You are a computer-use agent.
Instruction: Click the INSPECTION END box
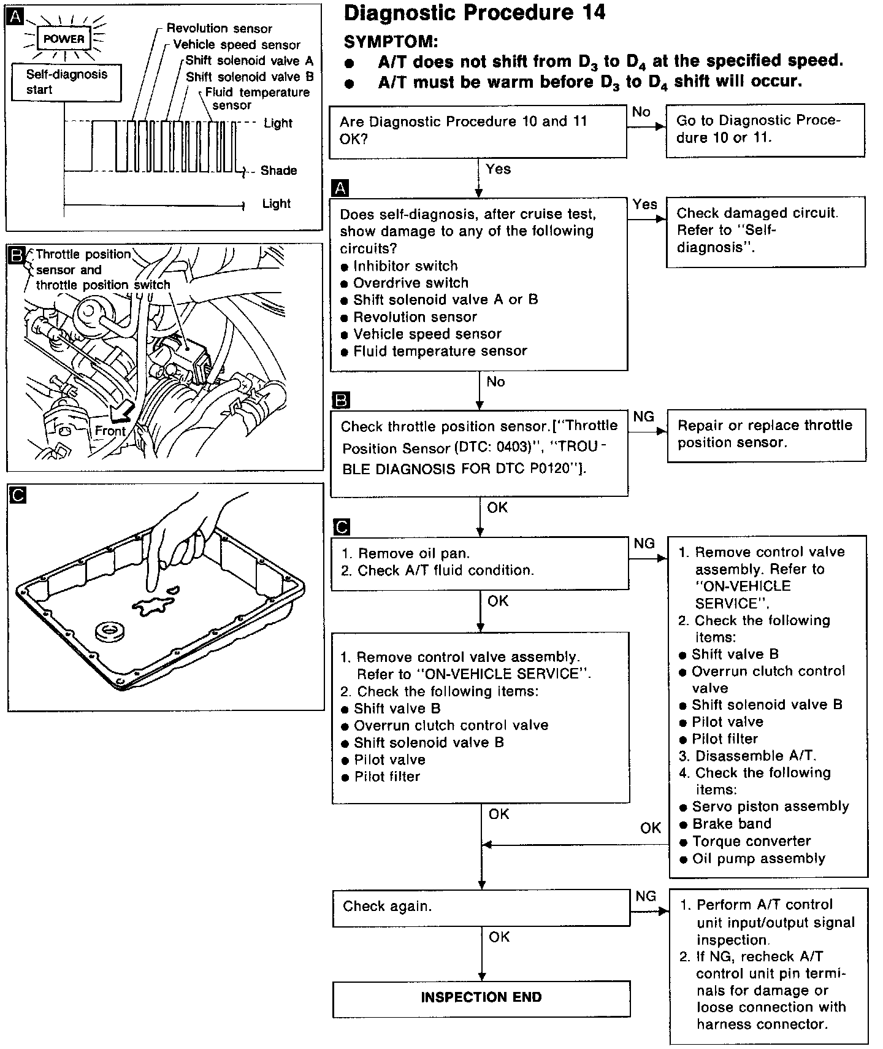pos(481,997)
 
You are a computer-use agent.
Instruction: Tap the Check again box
pos(481,907)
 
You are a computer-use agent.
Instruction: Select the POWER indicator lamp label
pos(64,39)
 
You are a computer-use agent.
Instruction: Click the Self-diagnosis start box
pos(66,82)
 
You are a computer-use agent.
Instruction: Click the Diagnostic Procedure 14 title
pos(475,13)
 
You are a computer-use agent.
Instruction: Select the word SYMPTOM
pos(391,42)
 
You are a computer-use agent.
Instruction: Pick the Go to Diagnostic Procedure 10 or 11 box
pos(765,129)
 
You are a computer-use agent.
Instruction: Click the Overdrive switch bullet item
pos(410,283)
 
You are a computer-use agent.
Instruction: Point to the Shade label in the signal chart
pos(278,171)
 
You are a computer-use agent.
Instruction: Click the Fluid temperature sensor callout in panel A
pos(257,99)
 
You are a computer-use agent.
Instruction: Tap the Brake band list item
pos(732,824)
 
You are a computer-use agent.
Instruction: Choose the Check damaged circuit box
pos(765,231)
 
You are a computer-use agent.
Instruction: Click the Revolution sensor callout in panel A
pos(219,28)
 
